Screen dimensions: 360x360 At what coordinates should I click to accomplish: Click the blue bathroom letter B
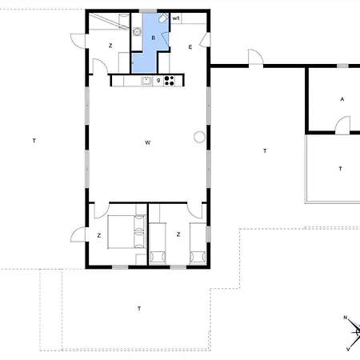coord(154,37)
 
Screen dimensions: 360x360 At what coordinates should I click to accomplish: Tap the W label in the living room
coord(148,143)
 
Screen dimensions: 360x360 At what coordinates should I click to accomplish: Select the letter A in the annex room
coord(342,99)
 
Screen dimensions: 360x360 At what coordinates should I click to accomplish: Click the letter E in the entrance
coord(190,47)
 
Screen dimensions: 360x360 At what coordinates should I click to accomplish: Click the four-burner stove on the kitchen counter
coord(170,79)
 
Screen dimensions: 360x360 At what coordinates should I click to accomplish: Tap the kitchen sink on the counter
coord(146,80)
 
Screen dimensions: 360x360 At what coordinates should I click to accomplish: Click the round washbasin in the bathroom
coord(137,31)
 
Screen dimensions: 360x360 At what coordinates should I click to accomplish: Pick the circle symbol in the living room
coord(198,137)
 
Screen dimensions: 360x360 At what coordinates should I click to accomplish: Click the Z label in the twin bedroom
coord(178,234)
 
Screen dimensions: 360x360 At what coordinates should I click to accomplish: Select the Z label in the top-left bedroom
coord(110,46)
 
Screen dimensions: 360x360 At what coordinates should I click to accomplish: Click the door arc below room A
coord(342,124)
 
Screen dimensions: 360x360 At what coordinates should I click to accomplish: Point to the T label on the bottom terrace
coord(139,308)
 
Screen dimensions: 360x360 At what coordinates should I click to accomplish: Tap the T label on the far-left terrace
coord(34,141)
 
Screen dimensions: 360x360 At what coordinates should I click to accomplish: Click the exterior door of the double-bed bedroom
coord(78,235)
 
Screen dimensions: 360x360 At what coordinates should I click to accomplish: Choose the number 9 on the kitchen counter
coord(158,80)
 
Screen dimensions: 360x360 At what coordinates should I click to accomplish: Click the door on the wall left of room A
coord(254,58)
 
